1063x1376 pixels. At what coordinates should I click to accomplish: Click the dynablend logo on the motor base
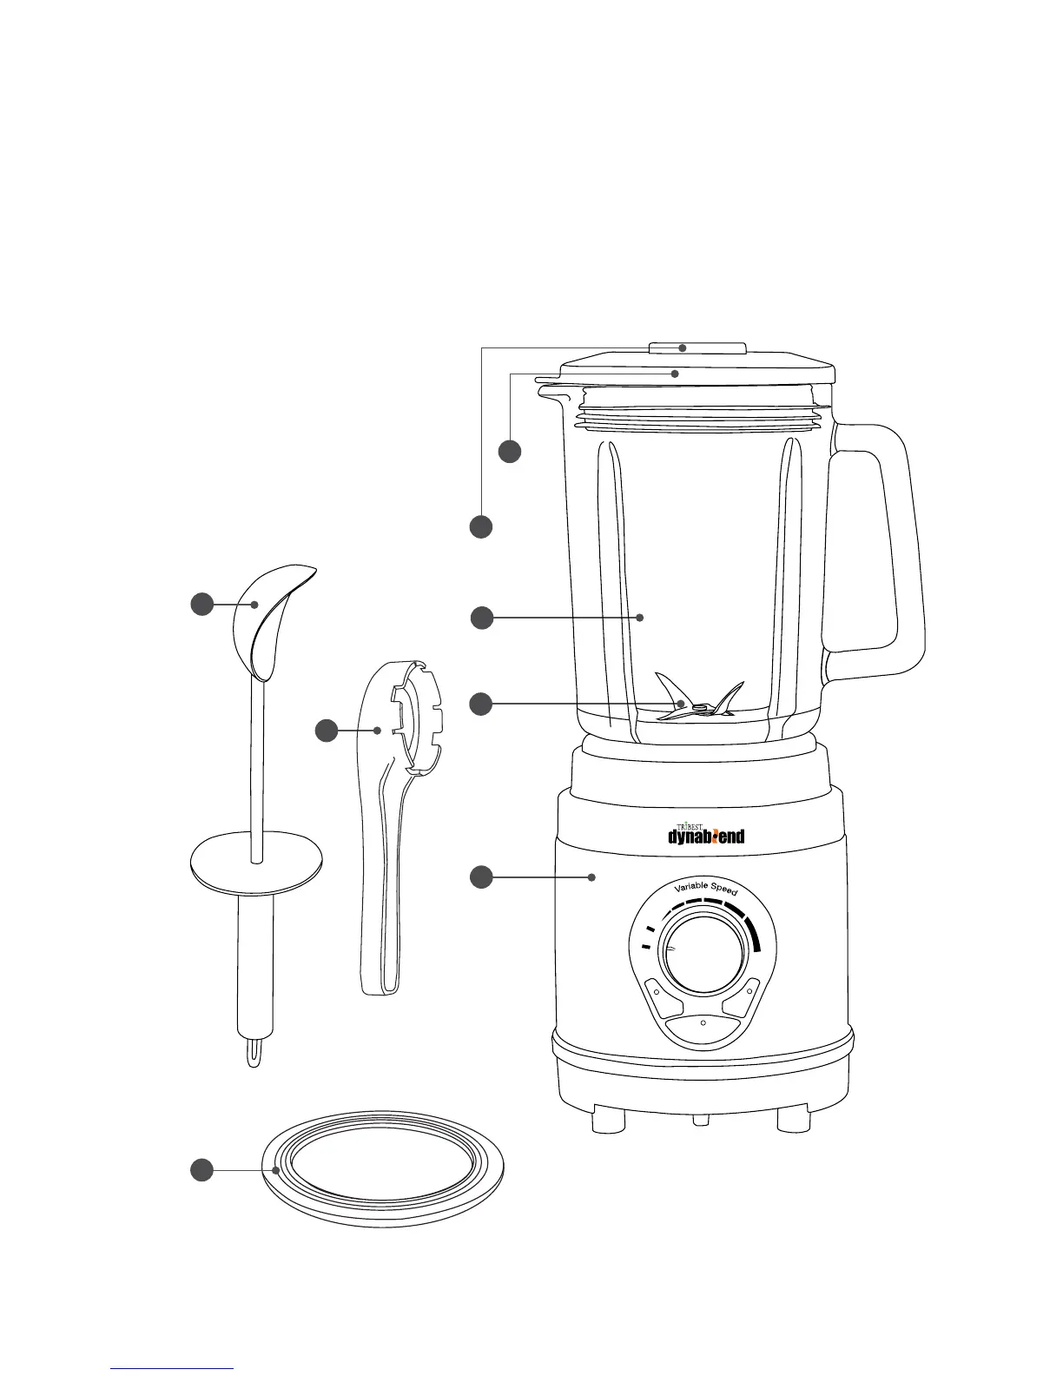point(705,834)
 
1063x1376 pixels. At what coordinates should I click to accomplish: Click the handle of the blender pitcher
point(877,539)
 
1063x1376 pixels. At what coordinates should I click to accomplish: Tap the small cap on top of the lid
point(697,348)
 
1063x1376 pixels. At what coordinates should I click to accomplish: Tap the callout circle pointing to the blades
point(481,704)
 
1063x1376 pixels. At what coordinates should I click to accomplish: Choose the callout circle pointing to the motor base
point(481,877)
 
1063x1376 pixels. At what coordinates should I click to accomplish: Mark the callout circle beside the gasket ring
point(201,1170)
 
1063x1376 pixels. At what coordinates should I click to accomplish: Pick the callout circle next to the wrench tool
point(327,731)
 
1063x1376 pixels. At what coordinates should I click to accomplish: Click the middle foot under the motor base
point(701,1121)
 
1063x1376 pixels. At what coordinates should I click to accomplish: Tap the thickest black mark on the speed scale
point(754,934)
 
